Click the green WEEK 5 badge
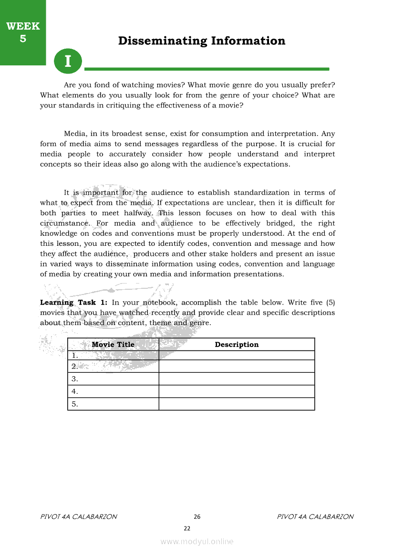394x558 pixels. (23, 32)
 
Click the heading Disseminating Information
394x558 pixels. (202, 41)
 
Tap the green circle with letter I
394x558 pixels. (68, 61)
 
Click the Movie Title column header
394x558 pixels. (113, 344)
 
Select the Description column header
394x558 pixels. (237, 344)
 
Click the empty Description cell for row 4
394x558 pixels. (237, 391)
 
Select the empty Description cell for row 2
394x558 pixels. (237, 367)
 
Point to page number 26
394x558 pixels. (197, 517)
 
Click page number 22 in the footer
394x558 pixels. (187, 528)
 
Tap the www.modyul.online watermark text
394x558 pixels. (197, 542)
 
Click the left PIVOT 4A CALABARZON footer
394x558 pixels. (79, 516)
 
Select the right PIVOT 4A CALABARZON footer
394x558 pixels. (315, 516)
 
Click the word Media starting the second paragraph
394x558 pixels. (74, 134)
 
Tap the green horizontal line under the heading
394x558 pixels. (207, 69)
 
